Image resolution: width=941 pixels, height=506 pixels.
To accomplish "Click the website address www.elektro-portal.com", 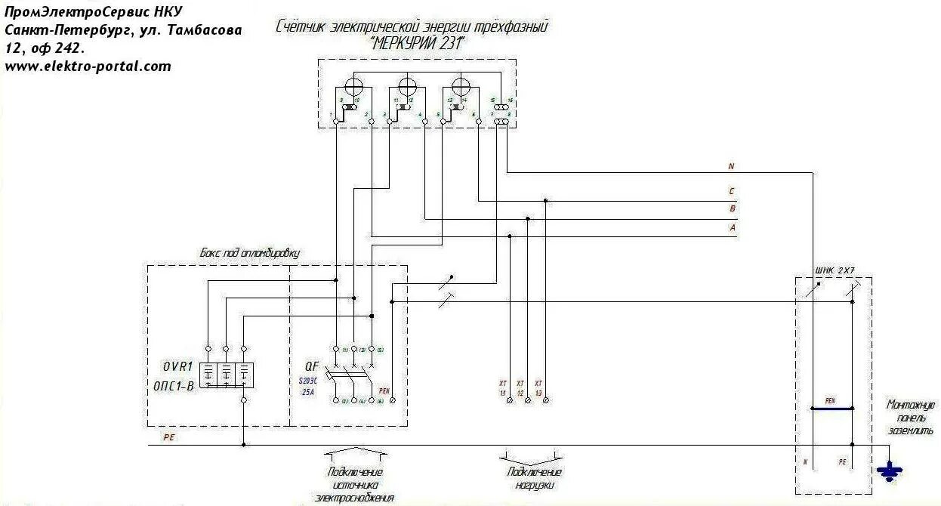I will coord(88,66).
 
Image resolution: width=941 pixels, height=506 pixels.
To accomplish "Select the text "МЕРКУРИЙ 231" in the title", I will coord(417,43).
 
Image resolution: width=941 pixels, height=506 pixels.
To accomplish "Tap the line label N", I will coord(730,165).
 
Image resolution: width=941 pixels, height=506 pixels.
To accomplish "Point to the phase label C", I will coord(731,192).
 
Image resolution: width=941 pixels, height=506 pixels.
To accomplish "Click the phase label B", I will coord(731,209).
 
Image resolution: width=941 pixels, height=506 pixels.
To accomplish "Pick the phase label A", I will coord(731,227).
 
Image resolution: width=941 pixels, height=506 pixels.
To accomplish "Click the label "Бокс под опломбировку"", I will coord(249,254).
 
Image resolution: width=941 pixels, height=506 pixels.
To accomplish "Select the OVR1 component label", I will coord(178,367).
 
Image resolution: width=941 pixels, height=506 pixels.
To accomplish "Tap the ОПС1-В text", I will coord(178,386).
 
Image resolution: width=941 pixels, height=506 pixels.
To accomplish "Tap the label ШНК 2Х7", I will coord(835,270).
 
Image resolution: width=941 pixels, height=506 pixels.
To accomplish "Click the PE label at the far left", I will coord(168,437).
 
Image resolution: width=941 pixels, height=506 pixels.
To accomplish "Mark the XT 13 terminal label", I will coord(538,388).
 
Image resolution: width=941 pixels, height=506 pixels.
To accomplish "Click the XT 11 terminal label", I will coord(502,388).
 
